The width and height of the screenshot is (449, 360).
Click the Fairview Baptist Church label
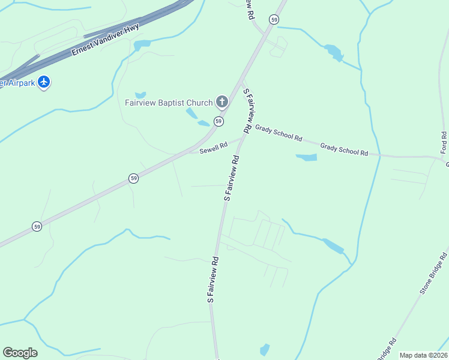click(x=169, y=102)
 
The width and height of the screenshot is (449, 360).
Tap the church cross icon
click(x=221, y=101)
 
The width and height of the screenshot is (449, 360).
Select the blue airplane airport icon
click(x=43, y=82)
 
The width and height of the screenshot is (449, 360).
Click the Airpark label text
click(x=16, y=83)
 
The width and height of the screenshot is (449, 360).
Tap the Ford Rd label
click(x=444, y=142)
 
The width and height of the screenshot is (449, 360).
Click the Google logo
click(x=20, y=353)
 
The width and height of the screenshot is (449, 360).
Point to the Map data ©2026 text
click(x=423, y=355)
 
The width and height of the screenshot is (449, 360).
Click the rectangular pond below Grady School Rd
click(x=307, y=157)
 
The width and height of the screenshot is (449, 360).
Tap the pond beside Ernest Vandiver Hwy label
click(x=142, y=45)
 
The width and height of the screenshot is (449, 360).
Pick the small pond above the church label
click(x=140, y=95)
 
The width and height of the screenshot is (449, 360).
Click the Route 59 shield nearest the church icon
click(x=218, y=121)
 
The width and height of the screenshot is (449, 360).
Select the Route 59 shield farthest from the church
click(x=37, y=226)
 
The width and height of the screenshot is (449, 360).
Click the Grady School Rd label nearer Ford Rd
click(x=344, y=149)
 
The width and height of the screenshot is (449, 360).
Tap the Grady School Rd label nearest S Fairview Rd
click(x=278, y=133)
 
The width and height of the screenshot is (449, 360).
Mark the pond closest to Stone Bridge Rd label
click(x=333, y=246)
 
